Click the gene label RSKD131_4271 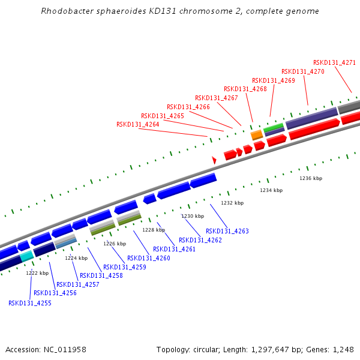point(334,62)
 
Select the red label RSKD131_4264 point(137,125)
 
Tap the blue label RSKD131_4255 point(29,303)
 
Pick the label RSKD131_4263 point(227,231)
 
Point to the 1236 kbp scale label point(311,178)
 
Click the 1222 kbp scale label point(37,273)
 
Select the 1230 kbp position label point(193,216)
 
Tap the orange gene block point(256,135)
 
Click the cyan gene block point(26,256)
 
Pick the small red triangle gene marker point(214,160)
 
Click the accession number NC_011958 point(65,349)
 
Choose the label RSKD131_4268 point(245,89)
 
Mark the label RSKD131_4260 point(149,258)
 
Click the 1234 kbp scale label point(271,190)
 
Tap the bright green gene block point(274,127)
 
